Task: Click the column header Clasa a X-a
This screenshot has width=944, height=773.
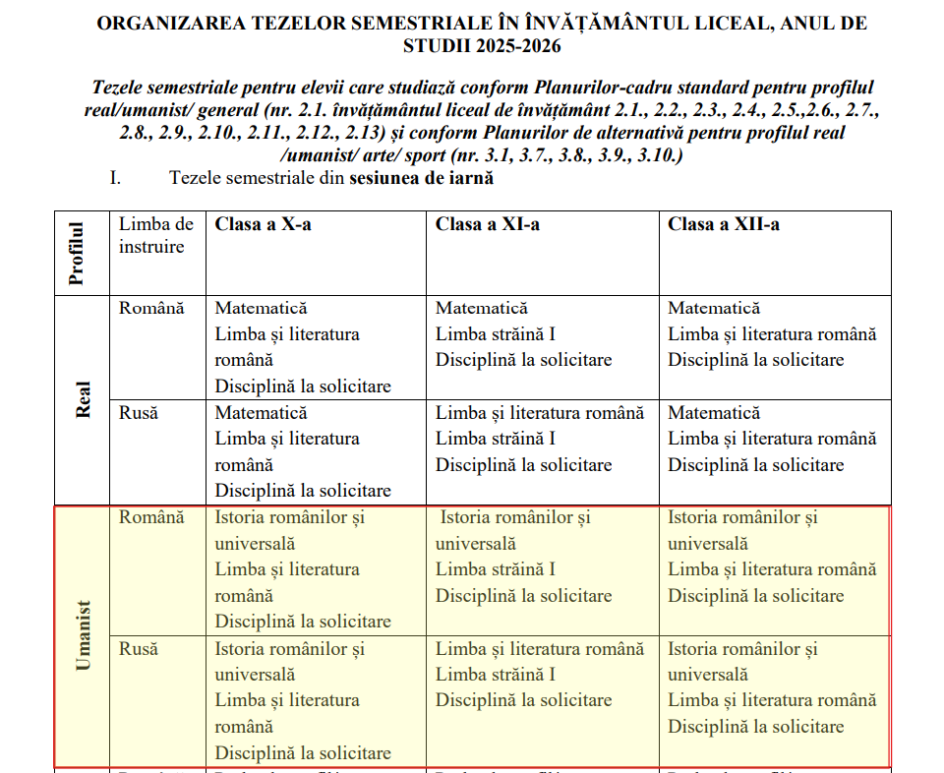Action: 263,224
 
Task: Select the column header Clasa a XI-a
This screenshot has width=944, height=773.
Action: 487,224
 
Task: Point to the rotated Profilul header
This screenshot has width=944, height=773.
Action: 77,253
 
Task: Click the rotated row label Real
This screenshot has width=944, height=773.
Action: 84,399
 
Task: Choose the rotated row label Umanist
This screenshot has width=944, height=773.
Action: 84,634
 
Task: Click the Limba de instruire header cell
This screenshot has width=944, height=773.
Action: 156,235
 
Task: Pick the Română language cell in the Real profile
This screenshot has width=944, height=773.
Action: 151,308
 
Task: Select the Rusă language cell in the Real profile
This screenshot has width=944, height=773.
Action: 139,412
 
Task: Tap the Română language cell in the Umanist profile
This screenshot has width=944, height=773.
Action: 151,516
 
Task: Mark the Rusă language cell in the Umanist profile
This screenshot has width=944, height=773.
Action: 139,648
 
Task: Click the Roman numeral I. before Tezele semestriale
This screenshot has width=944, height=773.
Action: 115,178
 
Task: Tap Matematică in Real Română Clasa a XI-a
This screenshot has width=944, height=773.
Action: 482,308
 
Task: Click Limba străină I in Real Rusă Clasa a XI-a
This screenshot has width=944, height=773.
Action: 496,439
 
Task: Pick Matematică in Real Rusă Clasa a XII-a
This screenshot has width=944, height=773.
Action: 714,412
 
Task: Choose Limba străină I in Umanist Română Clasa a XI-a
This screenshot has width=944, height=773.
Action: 496,569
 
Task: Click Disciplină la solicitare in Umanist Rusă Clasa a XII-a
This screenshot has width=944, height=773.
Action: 756,727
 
